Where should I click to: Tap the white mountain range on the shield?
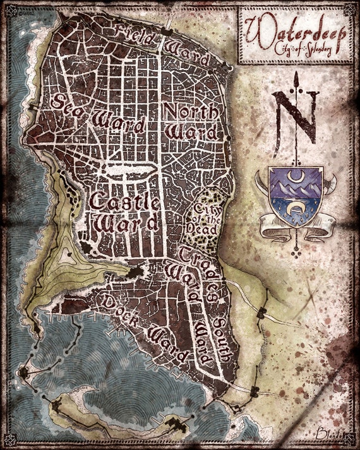point(295,187)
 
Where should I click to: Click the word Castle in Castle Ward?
point(124,203)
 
